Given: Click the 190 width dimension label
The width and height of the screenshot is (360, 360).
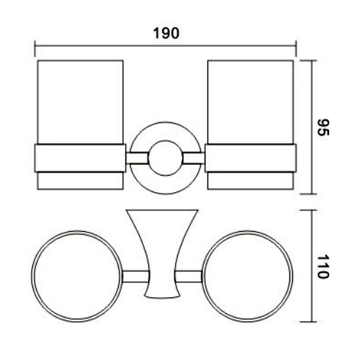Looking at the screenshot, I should [165, 34].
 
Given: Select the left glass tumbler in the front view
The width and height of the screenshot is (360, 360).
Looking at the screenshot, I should [80, 101].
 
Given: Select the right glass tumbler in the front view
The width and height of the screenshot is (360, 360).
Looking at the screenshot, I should [251, 101].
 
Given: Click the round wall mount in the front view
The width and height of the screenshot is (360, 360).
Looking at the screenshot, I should [166, 158].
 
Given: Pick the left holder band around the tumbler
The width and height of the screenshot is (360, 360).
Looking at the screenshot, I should [80, 158].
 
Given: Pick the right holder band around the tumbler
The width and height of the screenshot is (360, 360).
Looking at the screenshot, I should [251, 158].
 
